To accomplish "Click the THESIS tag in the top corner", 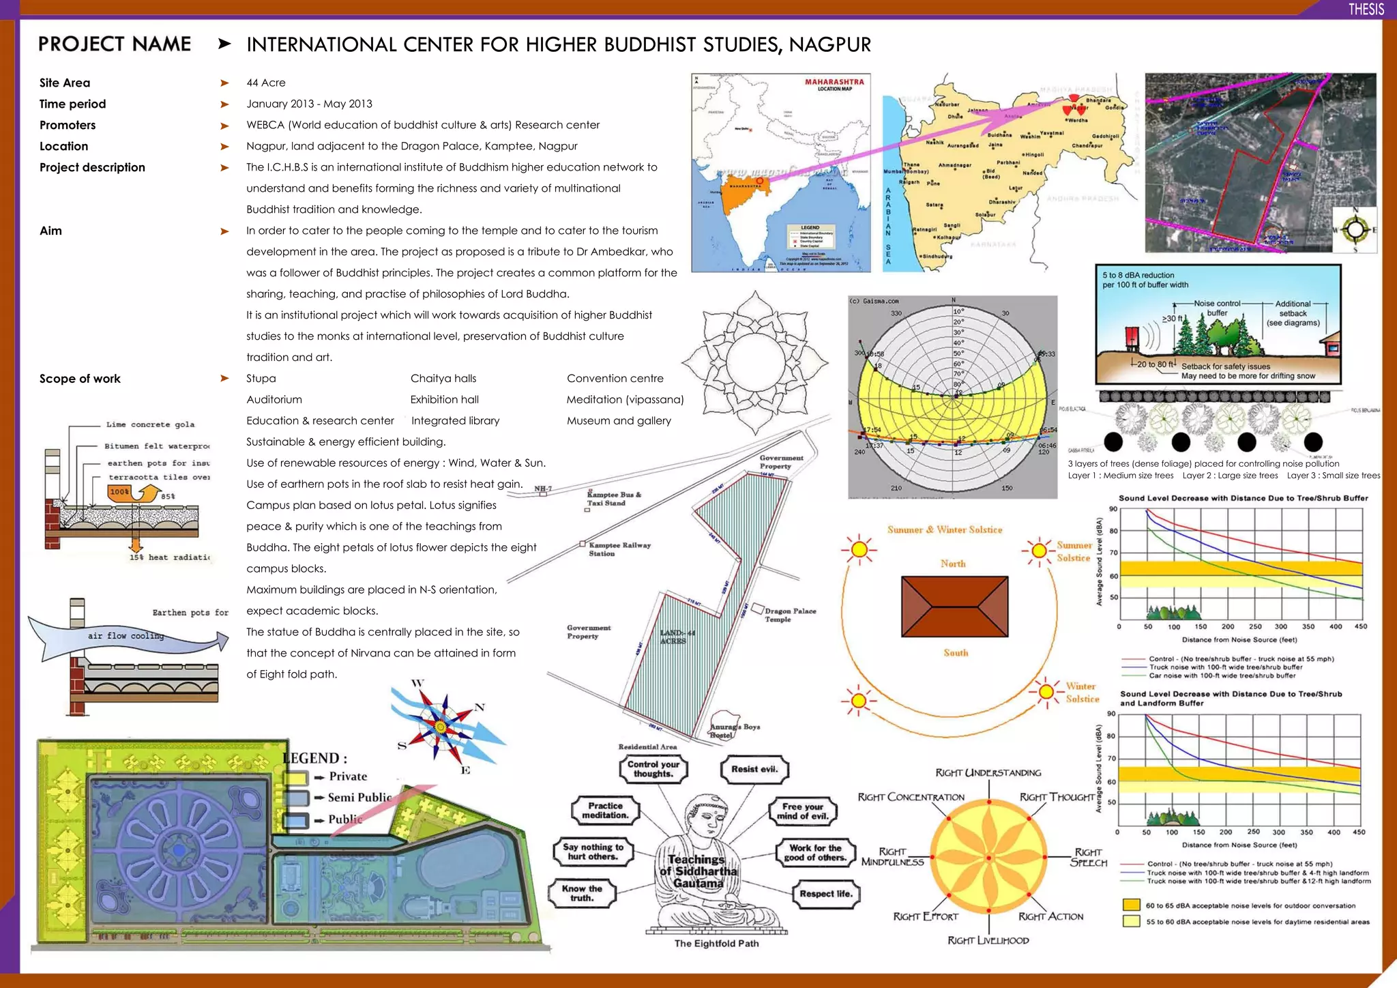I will coord(1366,9).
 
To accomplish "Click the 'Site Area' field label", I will coord(65,83).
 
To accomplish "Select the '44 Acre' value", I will coord(266,83).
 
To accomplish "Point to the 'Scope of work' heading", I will coord(80,379).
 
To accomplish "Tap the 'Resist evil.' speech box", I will coord(754,769).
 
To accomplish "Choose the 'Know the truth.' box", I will coord(582,893).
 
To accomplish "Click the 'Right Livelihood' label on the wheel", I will coord(988,940).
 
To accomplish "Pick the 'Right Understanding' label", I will coord(988,772).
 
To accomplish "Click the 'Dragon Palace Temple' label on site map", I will coord(790,615).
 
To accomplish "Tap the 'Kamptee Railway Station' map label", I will coord(619,549).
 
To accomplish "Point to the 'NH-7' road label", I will coord(543,489).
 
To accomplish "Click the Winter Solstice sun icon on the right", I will coord(1045,692).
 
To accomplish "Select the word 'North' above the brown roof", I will coord(953,564).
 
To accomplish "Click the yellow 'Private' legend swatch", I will coord(295,777).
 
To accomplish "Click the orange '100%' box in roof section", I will coord(119,491).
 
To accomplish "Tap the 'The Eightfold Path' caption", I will coord(716,944).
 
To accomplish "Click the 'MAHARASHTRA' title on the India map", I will coord(834,82).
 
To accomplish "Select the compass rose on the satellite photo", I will coord(1355,230).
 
